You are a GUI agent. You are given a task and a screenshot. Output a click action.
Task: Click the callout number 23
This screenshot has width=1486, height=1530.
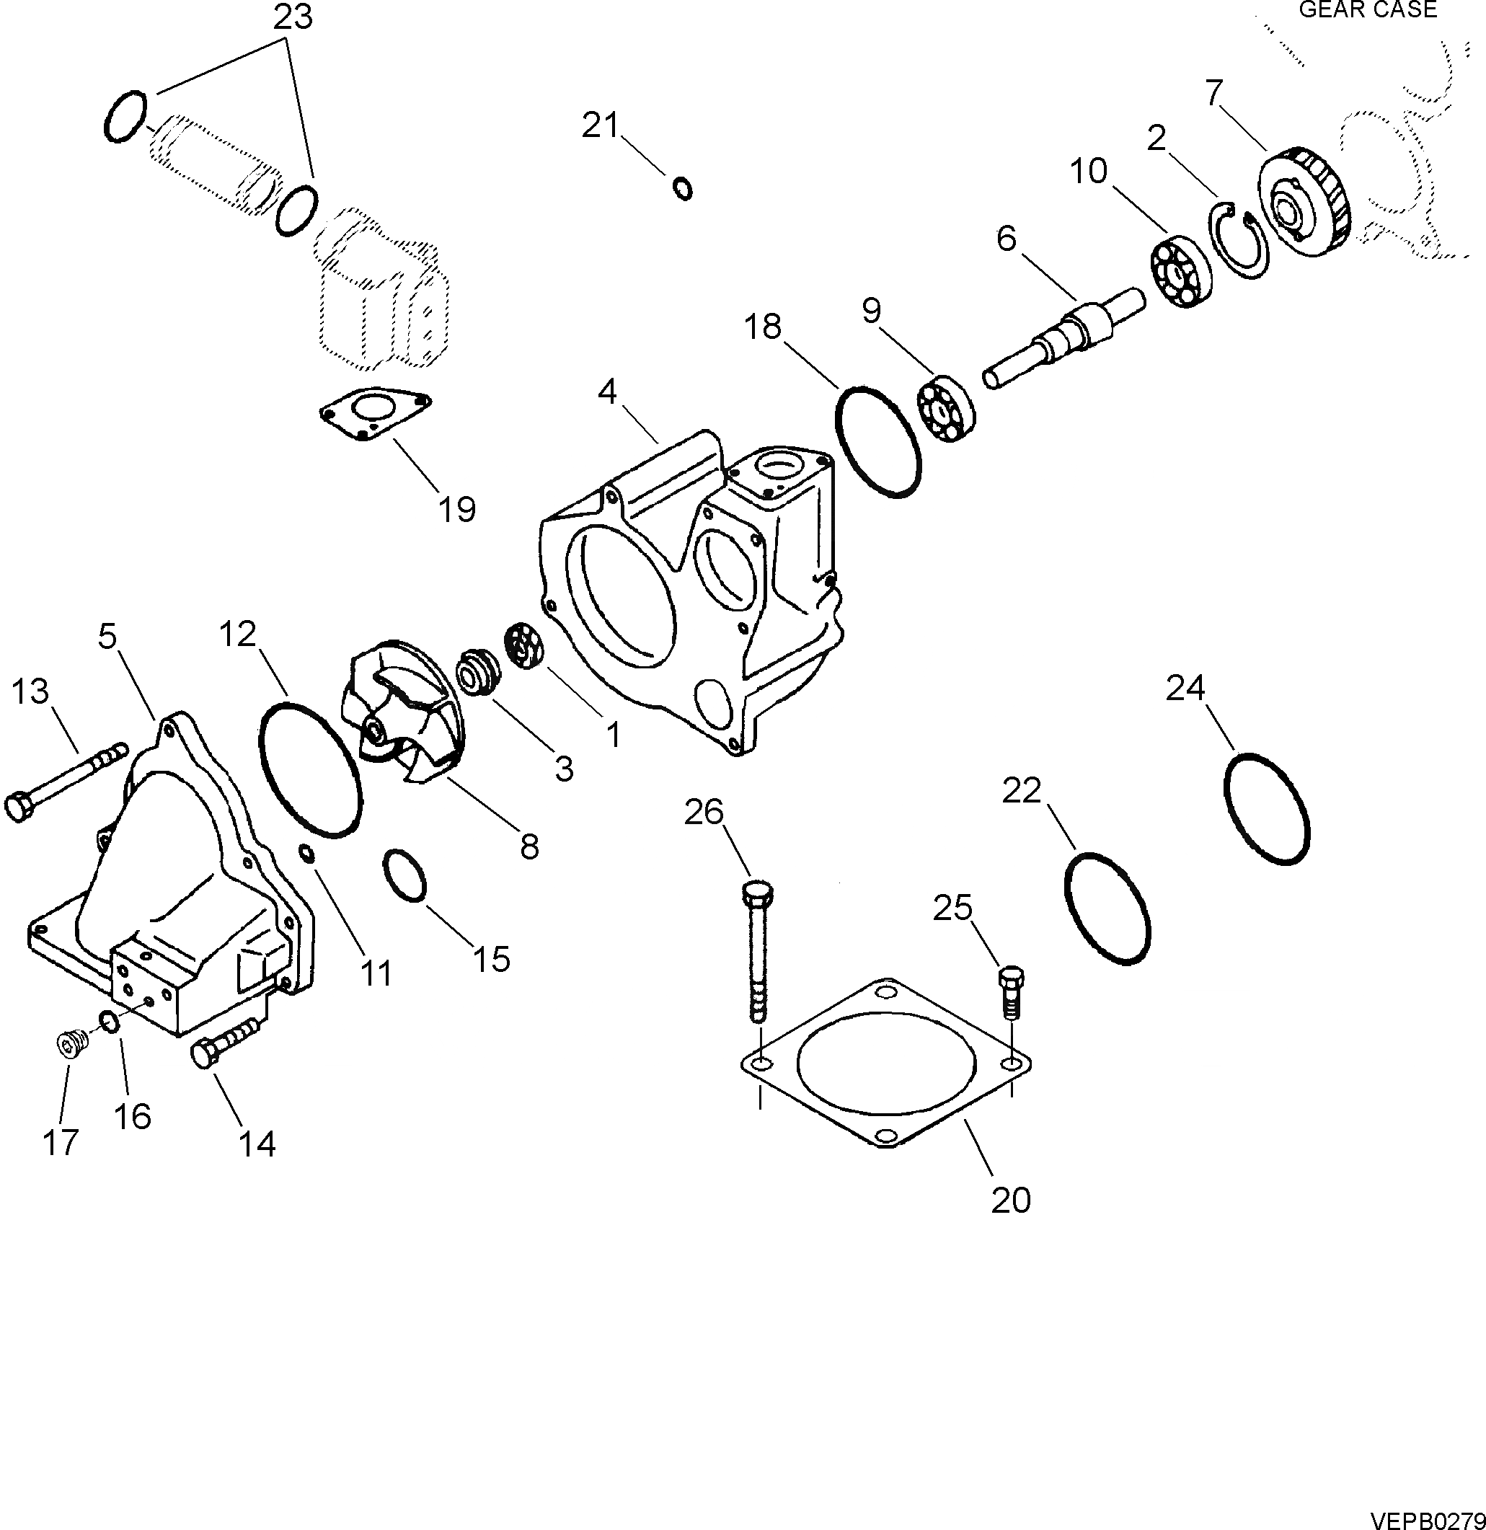[x=293, y=17]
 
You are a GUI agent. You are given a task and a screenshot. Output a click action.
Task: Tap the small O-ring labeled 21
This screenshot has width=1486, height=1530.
[x=682, y=189]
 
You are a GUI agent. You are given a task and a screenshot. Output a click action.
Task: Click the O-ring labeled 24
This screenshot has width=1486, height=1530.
[x=1265, y=808]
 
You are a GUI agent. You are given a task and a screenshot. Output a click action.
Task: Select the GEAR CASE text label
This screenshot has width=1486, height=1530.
[x=1367, y=9]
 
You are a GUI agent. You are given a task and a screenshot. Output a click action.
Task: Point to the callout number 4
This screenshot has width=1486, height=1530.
[x=607, y=391]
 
